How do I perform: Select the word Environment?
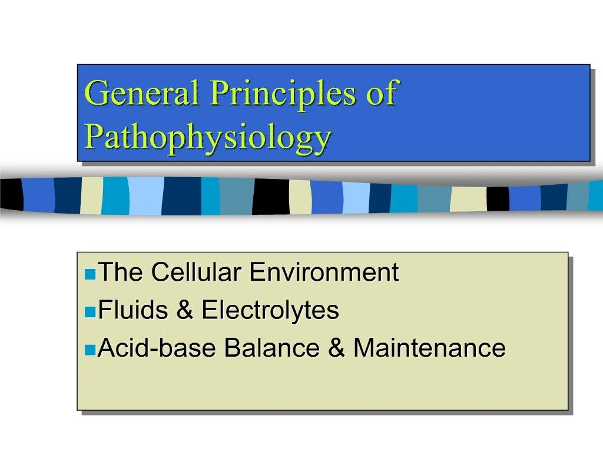pos(324,272)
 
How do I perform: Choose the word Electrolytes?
pos(270,310)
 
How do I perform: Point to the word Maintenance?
pos(429,348)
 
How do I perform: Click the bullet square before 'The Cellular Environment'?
pos(90,274)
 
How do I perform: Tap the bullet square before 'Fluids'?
pos(90,312)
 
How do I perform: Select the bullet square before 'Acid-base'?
pos(90,350)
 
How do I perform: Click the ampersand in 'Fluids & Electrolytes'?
pos(184,310)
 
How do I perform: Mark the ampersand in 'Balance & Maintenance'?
pos(337,348)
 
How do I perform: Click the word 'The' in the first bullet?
pos(120,272)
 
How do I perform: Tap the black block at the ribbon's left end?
pos(11,194)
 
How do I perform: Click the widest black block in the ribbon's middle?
pos(271,196)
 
